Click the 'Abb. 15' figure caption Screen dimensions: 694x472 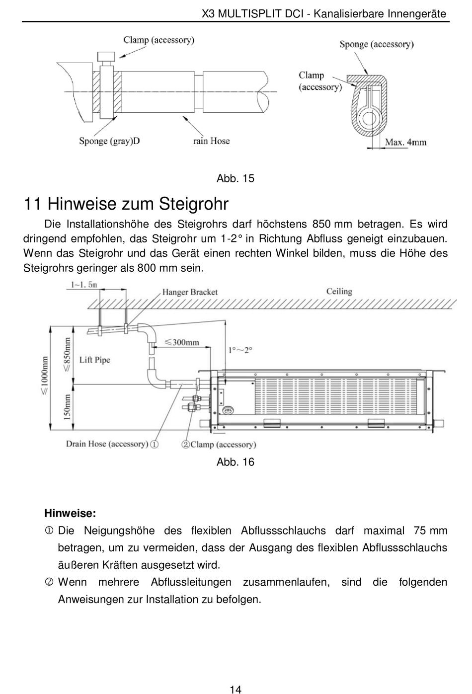235,179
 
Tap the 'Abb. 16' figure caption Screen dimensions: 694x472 235,462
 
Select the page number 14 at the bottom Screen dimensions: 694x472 236,689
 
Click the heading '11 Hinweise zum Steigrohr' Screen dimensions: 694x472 126,204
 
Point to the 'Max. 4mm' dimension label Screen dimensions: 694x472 405,142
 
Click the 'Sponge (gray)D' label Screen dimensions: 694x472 109,141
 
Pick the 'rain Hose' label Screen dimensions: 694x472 211,141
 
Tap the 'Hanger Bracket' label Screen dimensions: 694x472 190,292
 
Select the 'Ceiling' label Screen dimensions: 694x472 339,292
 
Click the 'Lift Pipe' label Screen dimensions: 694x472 94,360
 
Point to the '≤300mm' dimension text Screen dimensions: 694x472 181,342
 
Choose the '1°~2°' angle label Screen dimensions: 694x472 240,350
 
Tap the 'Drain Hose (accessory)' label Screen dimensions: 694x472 107,444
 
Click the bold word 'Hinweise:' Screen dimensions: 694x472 70,513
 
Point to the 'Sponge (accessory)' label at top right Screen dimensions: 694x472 376,44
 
